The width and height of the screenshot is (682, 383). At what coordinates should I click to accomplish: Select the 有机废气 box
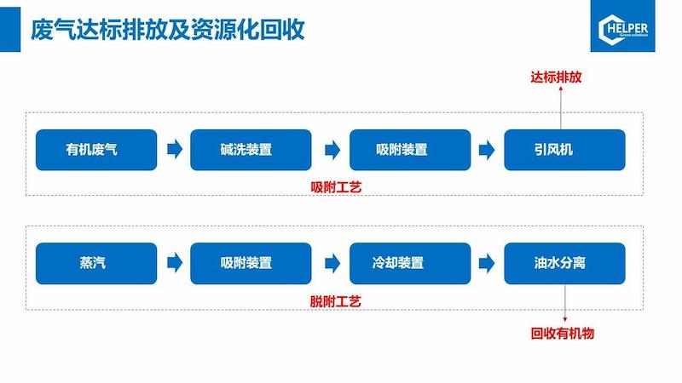point(96,150)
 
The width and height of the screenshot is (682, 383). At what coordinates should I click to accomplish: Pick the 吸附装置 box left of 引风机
point(410,150)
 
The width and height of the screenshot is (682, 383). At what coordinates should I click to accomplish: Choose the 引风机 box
point(564,150)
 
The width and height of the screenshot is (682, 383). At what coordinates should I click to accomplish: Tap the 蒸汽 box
point(96,263)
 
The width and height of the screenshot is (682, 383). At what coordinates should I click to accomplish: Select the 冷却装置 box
point(410,263)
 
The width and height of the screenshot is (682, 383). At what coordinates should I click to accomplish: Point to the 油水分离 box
point(564,263)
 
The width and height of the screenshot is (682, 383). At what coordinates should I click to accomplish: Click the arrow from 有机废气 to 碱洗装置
point(174,150)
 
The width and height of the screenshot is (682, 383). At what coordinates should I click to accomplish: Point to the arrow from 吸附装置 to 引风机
point(487,150)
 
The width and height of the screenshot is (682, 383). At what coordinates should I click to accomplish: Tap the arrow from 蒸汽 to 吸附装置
point(174,263)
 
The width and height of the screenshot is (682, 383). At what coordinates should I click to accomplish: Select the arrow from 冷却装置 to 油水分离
point(487,263)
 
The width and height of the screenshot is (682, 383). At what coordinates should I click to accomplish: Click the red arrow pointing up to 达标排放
point(561,108)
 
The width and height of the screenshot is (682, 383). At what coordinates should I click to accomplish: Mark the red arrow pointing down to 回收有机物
point(564,305)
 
